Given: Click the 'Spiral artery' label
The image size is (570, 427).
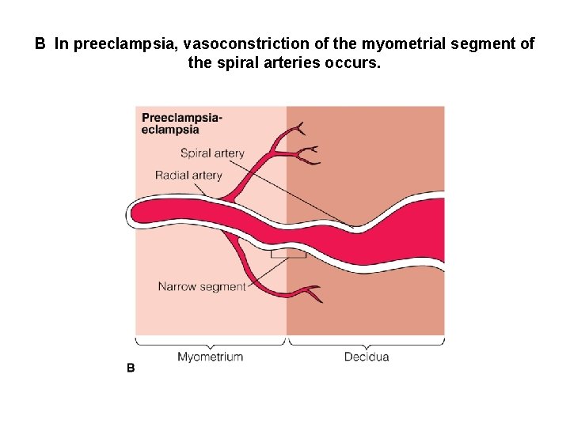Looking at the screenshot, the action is pos(212,153).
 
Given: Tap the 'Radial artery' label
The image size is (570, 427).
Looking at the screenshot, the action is pos(188,176).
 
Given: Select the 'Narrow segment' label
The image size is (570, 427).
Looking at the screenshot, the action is pos(202,287).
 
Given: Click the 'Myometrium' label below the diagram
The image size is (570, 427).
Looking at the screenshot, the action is pos(210,357).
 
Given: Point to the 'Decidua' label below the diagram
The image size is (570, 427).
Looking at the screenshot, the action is pos(367,357).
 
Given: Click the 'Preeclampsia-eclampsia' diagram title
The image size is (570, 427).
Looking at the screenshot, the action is pos(181,124).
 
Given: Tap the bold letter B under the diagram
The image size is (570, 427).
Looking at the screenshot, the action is pos(131,368).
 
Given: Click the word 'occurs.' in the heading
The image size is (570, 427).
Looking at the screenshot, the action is pos(353,62).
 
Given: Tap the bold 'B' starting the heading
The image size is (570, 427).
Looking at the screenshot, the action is pos(40,44).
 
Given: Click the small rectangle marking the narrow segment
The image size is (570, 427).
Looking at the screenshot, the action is pos(288,254).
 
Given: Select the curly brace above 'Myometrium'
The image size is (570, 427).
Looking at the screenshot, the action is pos(211,342).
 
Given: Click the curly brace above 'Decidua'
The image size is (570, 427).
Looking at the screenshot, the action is pos(367,342).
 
